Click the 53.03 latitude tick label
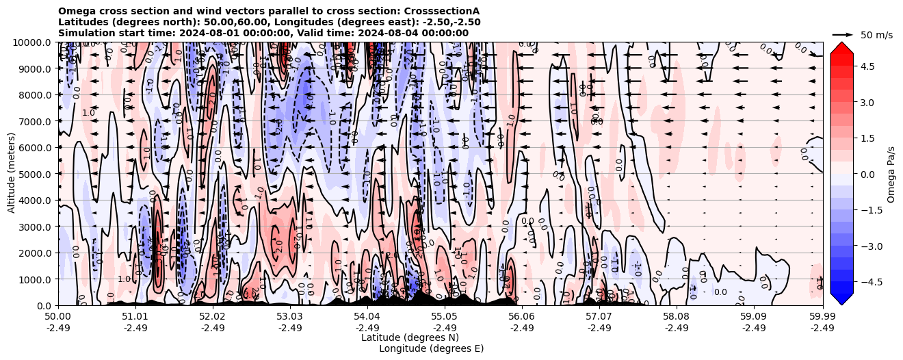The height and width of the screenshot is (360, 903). [290, 317]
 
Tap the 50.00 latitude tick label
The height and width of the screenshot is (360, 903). [58, 317]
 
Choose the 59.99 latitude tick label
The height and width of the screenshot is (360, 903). [822, 317]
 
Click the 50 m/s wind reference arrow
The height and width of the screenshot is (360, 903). [843, 34]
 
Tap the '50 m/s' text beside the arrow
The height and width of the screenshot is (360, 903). [876, 35]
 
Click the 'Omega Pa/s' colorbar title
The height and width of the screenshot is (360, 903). [891, 174]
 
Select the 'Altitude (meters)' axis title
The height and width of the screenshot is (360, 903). [12, 174]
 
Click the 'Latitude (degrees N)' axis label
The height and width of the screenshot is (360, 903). [410, 337]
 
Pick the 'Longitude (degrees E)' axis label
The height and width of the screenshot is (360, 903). [431, 348]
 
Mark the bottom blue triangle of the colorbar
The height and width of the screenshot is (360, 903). [841, 299]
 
